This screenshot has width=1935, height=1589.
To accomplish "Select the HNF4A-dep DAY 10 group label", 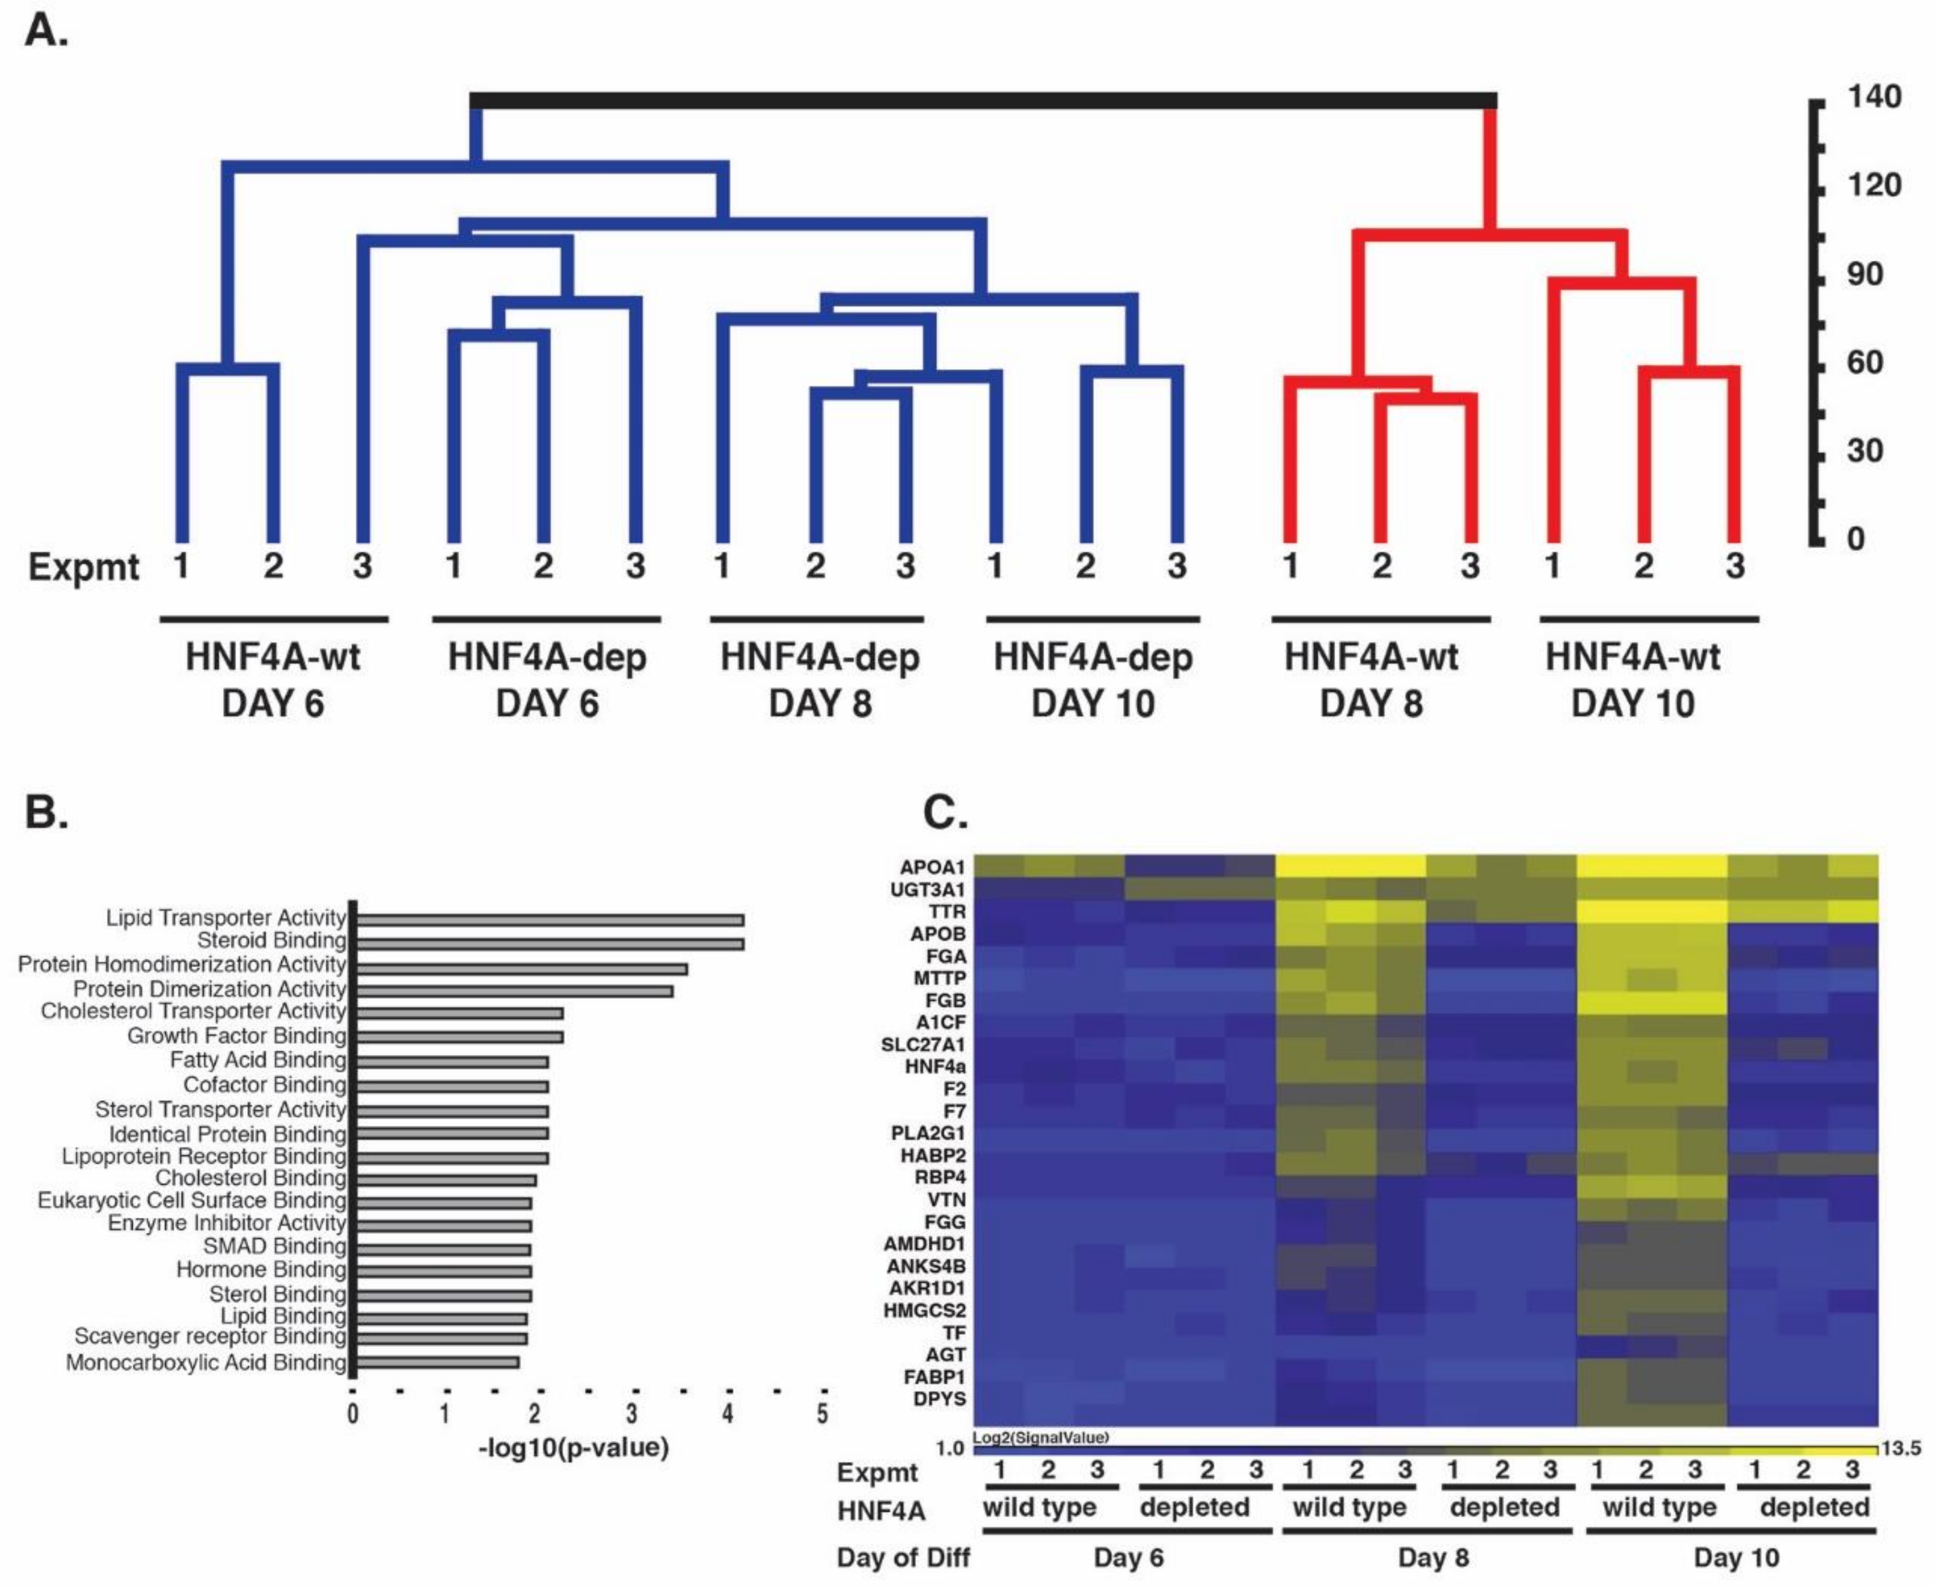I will click(x=1092, y=680).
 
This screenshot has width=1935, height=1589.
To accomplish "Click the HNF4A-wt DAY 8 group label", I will click(x=1371, y=680).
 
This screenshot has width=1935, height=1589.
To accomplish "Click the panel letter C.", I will click(x=945, y=812).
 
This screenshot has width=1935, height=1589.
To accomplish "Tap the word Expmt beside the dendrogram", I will click(x=83, y=567).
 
